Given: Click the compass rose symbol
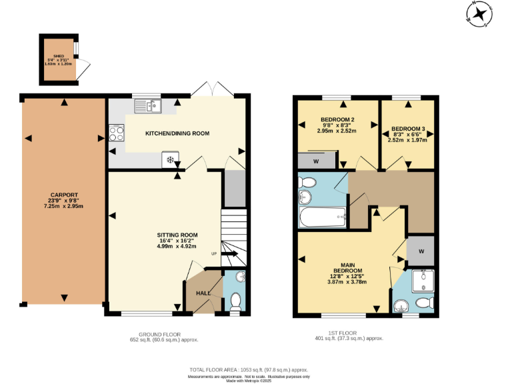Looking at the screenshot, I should click(x=479, y=14).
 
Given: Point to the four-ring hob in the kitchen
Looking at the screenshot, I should click(x=116, y=133).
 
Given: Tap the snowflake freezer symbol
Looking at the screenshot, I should click(x=170, y=159).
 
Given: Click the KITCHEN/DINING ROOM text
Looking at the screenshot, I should click(x=177, y=133).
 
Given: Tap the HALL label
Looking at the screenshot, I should click(x=202, y=293).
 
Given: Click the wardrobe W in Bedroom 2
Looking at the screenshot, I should click(x=315, y=161).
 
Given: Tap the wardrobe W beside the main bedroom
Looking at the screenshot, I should click(x=421, y=251).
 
